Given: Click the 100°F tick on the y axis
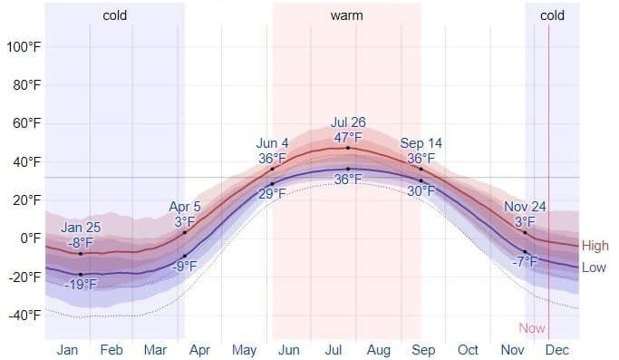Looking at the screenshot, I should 23,46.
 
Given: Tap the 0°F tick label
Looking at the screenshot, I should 30,238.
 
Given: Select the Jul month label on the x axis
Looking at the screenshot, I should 334,350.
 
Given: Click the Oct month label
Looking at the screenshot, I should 468,350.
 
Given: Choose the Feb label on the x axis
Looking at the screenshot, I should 111,350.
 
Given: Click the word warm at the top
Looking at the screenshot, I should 346,15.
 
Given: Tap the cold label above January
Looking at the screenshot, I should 115,15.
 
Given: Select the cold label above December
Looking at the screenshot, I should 552,15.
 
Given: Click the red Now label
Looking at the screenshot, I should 532,328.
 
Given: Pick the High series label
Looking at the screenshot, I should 595,246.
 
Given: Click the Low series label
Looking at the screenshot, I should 595,268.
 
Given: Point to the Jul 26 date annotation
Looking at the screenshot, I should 347,122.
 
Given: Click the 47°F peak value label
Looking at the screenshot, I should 347,137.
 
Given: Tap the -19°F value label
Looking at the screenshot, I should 81,285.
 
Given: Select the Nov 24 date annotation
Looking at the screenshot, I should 525,207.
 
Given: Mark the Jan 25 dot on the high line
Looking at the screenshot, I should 81,254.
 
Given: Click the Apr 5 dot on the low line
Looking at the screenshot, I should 185,257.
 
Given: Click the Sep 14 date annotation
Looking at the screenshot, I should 421,143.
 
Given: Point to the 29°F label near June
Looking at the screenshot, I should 272,194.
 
